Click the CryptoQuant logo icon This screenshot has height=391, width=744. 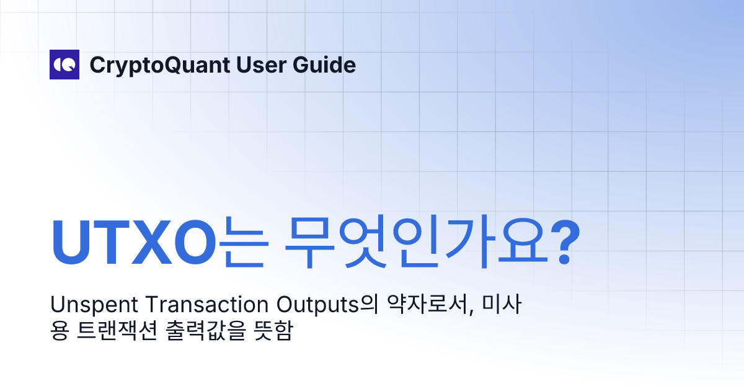(x=64, y=65)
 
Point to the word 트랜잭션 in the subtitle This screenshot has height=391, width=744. (x=116, y=332)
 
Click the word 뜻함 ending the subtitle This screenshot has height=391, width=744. (x=273, y=332)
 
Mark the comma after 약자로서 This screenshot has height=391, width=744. (x=475, y=312)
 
